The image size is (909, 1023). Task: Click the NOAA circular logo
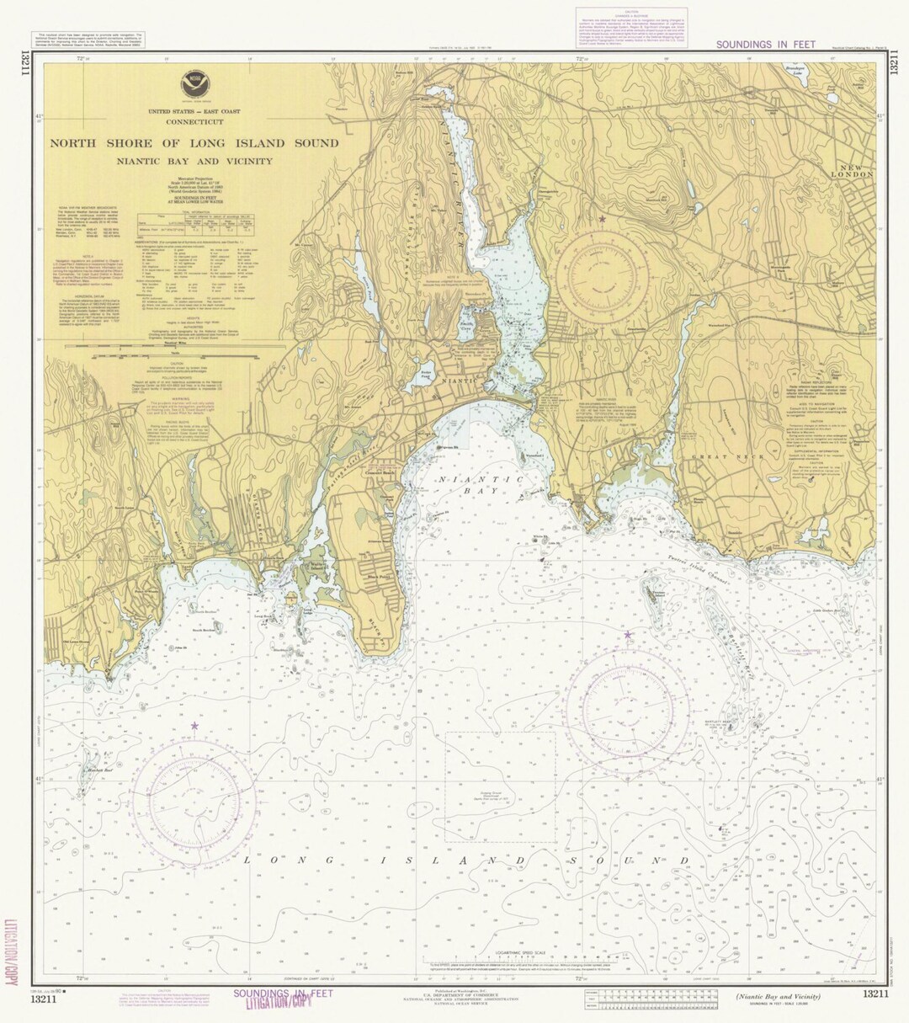point(194,85)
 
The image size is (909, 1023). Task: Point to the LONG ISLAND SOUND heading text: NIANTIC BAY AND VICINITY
point(194,161)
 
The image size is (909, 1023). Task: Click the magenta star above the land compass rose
point(602,220)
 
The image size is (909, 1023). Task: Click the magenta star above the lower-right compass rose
point(627,635)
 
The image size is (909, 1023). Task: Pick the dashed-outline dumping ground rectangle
point(500,786)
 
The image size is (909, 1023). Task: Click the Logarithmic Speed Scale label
point(509,953)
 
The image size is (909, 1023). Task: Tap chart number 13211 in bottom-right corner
point(874,995)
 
